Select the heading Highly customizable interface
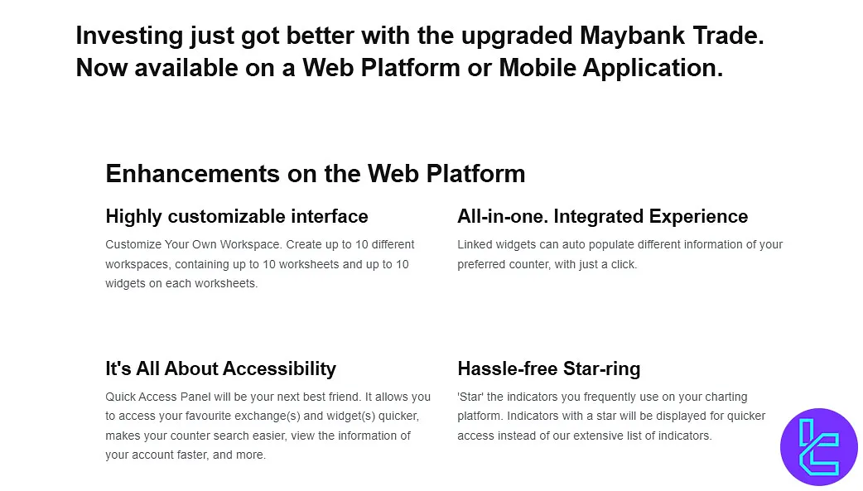pyautogui.click(x=237, y=217)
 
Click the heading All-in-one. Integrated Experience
pyautogui.click(x=602, y=217)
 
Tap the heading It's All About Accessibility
pyautogui.click(x=220, y=368)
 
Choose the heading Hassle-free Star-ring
pyautogui.click(x=548, y=368)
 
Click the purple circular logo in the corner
pyautogui.click(x=818, y=446)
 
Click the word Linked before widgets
pyautogui.click(x=474, y=245)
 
